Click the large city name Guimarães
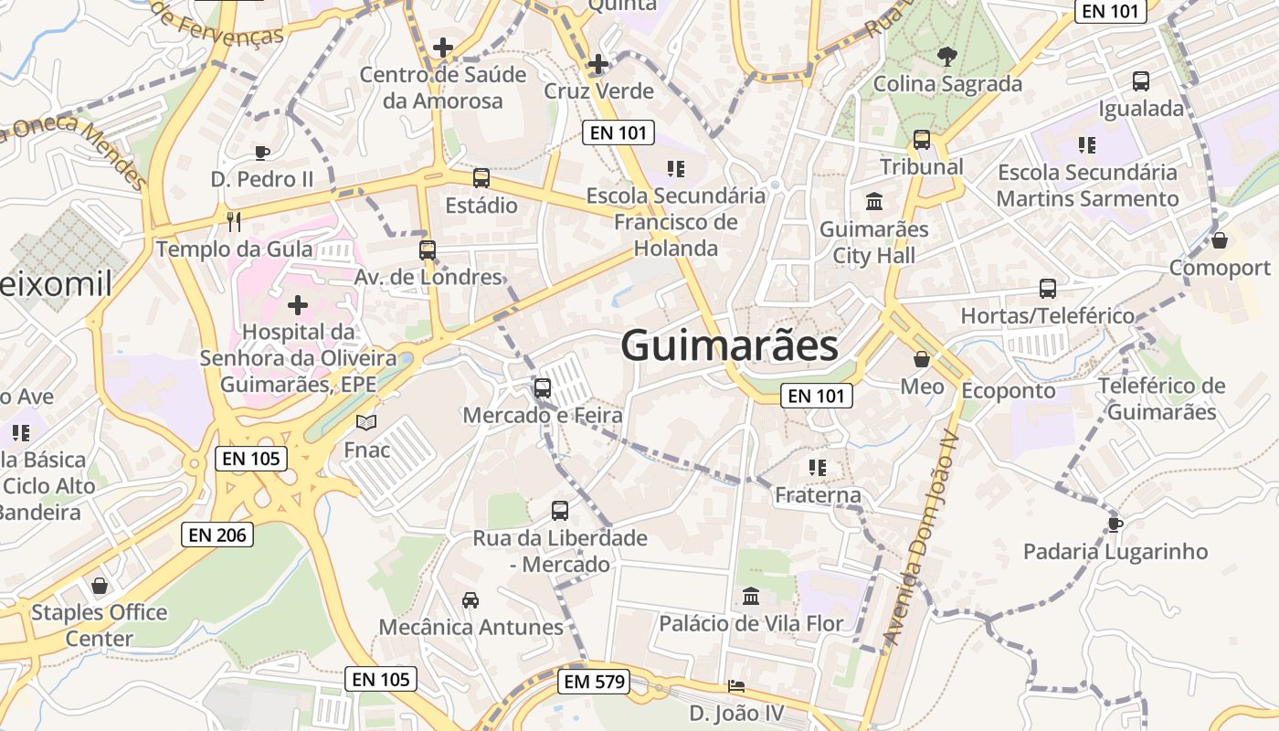point(729,346)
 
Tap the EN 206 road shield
point(218,535)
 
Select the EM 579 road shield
point(594,681)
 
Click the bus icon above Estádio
point(481,178)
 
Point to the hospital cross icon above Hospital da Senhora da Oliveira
point(298,304)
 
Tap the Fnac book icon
point(366,423)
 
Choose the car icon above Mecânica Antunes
point(470,600)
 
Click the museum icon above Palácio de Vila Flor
point(751,597)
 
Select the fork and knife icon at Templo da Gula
point(234,221)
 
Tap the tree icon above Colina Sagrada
point(946,57)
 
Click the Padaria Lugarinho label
point(1115,552)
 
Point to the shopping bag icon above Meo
point(922,359)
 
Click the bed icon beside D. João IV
point(736,686)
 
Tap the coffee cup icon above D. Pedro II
point(262,153)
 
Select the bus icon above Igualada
point(1141,81)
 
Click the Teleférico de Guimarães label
point(1161,398)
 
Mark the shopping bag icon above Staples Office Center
point(100,585)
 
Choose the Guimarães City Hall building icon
point(874,201)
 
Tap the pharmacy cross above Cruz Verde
point(598,64)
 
